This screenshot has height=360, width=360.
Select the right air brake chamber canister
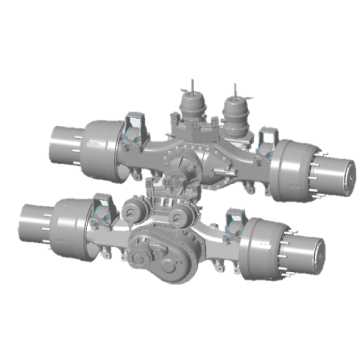tap(235, 110)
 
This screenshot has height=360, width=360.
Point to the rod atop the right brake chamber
tap(235, 89)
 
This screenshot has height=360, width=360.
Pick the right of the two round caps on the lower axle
tap(179, 217)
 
